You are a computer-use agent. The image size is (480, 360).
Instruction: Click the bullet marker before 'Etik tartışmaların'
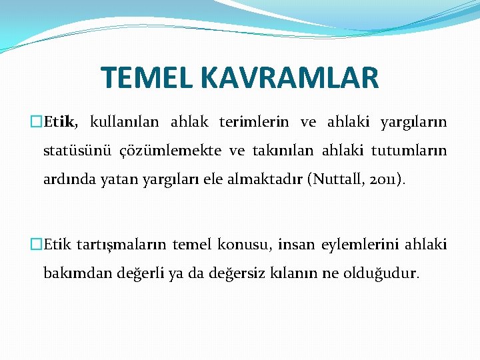(x=37, y=245)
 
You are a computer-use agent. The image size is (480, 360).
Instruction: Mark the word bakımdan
(x=71, y=273)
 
